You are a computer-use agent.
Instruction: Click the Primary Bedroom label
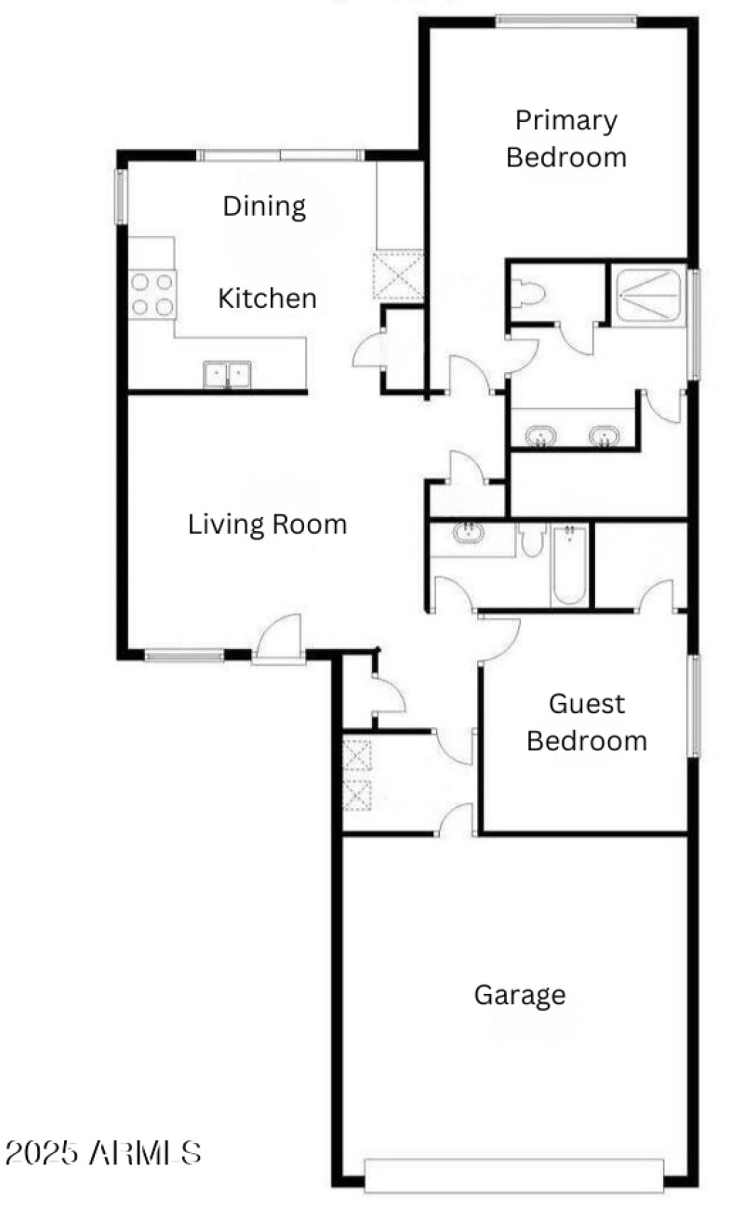(565, 139)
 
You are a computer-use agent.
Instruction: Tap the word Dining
(264, 206)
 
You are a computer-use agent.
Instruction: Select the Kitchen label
(267, 298)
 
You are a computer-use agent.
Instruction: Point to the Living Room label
(268, 524)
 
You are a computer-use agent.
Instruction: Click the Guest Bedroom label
(586, 722)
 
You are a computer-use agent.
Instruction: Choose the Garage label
(520, 995)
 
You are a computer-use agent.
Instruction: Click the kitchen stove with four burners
(152, 293)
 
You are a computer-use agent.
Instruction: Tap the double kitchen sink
(227, 375)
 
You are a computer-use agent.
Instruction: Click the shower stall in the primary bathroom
(647, 294)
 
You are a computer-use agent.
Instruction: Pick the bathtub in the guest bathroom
(567, 567)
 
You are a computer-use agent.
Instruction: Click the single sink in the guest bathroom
(468, 534)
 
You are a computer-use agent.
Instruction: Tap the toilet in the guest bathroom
(532, 539)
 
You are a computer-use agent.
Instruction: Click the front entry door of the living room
(278, 641)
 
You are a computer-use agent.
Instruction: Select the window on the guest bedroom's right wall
(693, 705)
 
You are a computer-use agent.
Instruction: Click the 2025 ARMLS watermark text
(102, 1154)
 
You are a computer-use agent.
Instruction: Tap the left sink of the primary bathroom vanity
(539, 434)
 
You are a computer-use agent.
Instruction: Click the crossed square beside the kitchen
(398, 274)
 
